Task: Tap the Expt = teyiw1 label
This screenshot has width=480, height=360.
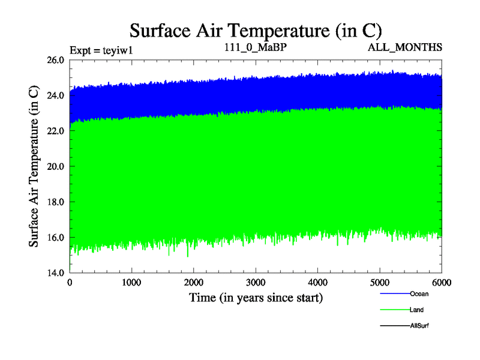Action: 101,50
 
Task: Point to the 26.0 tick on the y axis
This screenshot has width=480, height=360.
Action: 56,60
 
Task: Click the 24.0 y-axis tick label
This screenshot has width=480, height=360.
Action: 56,95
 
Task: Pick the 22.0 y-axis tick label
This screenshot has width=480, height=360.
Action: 56,131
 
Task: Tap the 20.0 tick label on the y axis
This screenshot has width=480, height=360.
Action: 56,166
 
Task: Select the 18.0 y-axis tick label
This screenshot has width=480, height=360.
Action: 56,202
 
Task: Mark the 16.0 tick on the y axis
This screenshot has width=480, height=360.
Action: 56,237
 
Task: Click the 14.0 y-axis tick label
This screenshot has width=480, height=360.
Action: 56,272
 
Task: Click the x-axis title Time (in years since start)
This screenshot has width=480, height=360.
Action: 256,297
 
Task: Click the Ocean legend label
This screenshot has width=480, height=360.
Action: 419,294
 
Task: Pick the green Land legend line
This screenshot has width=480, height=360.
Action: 394,310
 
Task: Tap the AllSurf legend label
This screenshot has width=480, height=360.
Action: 419,326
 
